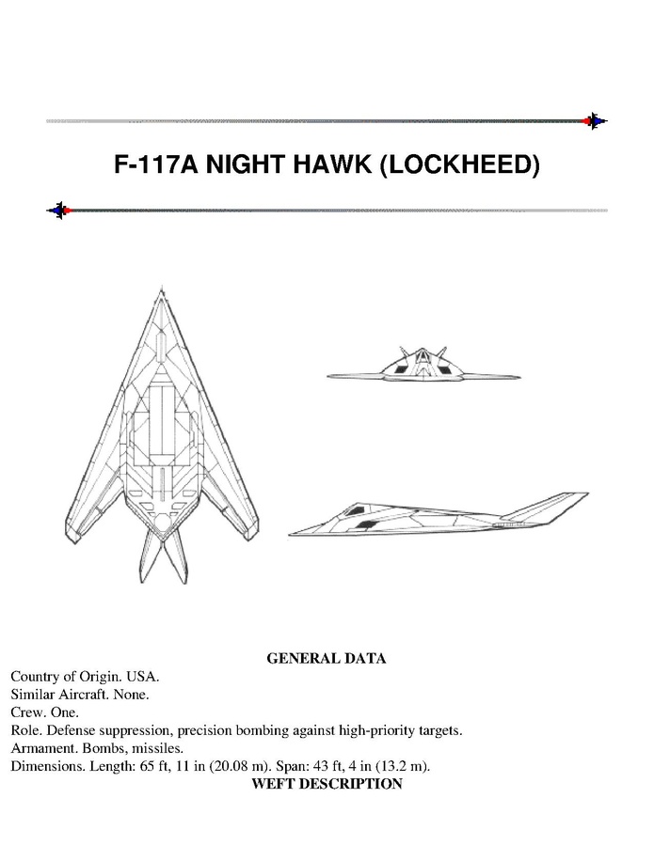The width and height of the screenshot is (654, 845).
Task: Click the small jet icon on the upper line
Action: click(595, 121)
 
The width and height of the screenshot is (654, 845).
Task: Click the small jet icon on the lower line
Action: click(59, 211)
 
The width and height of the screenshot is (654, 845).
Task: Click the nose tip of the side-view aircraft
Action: click(289, 534)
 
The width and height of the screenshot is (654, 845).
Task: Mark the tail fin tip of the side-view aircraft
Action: click(587, 493)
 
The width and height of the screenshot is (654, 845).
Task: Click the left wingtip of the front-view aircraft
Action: click(328, 376)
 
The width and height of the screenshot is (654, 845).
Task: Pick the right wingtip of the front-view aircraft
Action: click(519, 377)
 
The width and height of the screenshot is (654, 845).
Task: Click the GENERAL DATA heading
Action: click(327, 658)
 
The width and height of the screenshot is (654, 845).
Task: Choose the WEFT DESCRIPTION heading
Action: click(327, 784)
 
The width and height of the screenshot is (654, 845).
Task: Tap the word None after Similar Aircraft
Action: click(131, 694)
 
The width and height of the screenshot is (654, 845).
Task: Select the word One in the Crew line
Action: click(65, 712)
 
